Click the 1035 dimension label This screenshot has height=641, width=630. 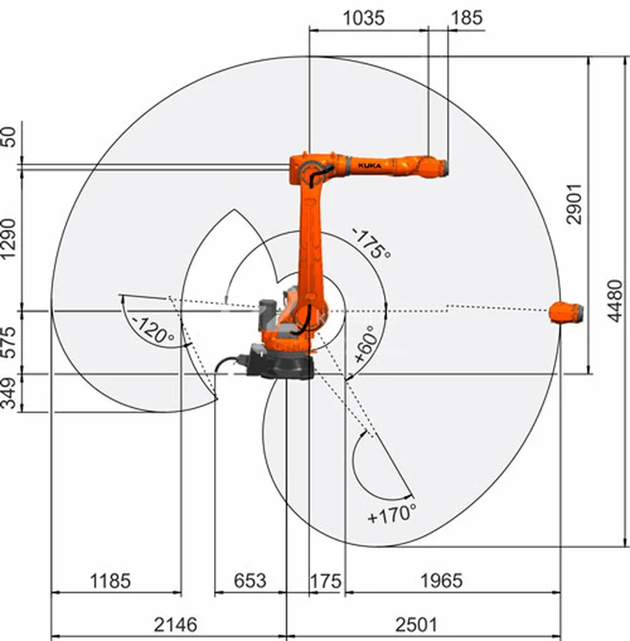363,18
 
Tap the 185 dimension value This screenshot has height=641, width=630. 466,18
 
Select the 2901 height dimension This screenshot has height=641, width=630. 574,204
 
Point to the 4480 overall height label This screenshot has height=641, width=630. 615,301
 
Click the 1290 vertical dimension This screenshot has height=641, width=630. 8,239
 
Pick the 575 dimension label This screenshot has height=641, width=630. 8,343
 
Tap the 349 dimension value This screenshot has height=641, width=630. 8,393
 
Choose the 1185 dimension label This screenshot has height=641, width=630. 110,581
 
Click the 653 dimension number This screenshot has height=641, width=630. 250,581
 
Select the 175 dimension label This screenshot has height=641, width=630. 325,581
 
